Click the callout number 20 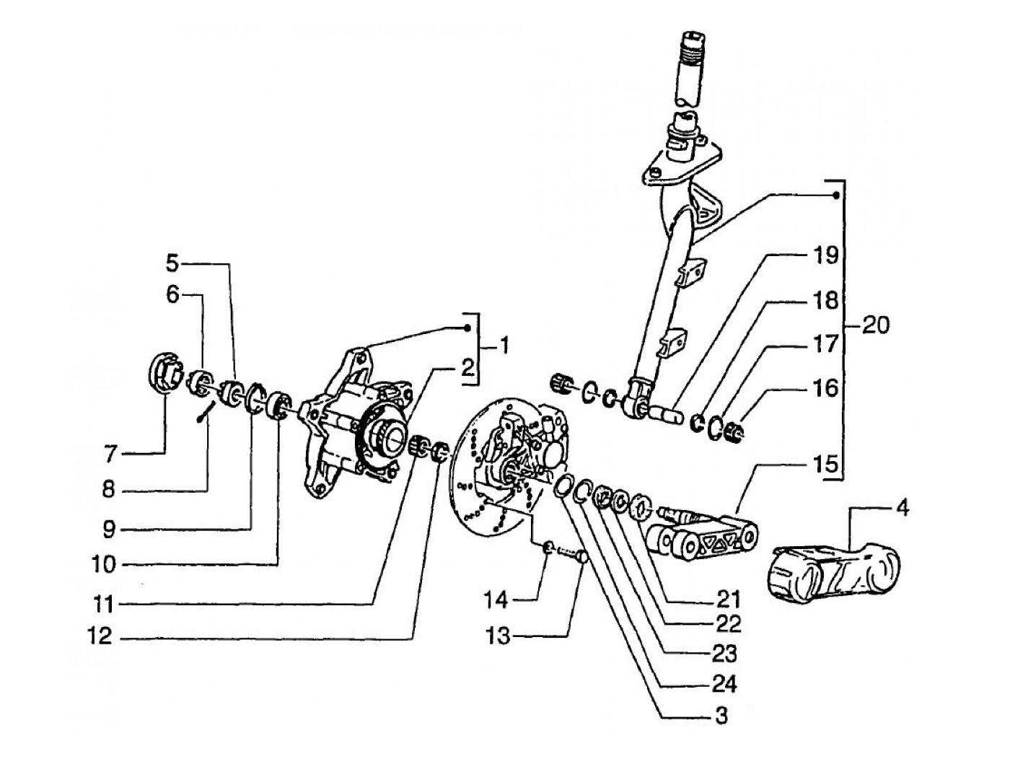(x=876, y=325)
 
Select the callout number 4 (x=903, y=509)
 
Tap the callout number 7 (x=110, y=455)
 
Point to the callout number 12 (x=100, y=636)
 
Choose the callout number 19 (x=826, y=255)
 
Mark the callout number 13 (x=497, y=636)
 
